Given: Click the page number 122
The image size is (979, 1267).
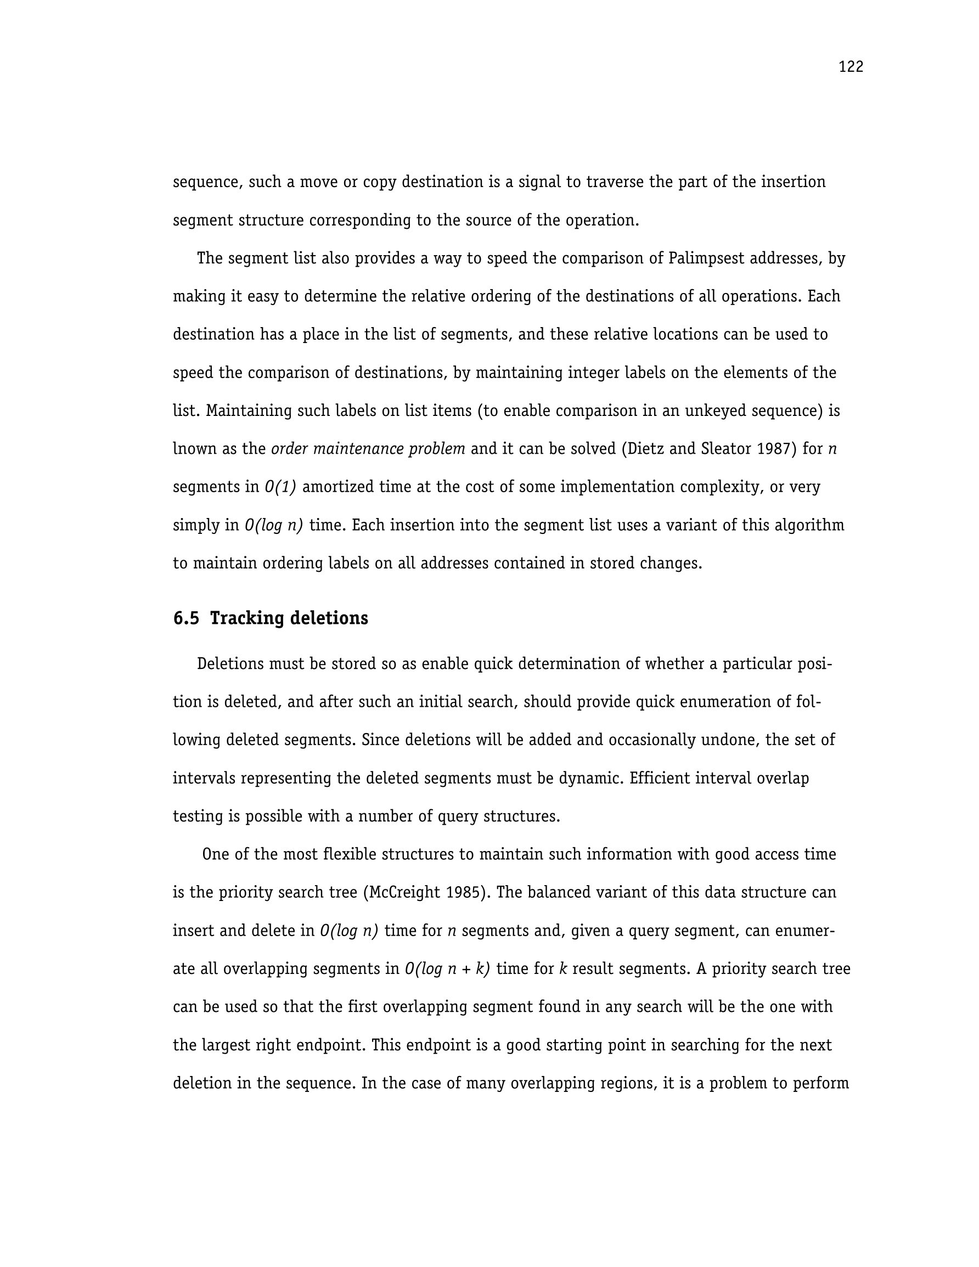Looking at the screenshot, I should [x=851, y=67].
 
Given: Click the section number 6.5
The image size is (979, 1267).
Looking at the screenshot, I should [x=185, y=618].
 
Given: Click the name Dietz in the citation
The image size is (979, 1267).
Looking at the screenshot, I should [x=644, y=449].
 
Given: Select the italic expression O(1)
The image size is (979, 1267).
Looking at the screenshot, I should [x=280, y=487].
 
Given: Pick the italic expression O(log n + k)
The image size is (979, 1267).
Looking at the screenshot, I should [x=447, y=969].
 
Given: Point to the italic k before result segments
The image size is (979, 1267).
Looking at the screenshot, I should [x=562, y=969].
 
